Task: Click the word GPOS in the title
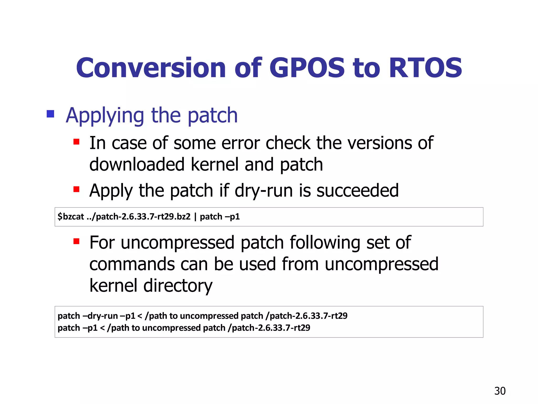point(307,68)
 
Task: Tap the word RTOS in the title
point(425,68)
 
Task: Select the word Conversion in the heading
point(151,68)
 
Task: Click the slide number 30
point(500,391)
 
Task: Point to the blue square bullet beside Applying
point(50,114)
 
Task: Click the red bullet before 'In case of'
point(76,142)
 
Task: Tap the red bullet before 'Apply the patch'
point(76,189)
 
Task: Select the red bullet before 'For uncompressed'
point(76,241)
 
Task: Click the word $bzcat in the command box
point(71,217)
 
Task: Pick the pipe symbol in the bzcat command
point(195,217)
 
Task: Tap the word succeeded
point(358,190)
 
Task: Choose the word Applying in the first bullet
point(105,116)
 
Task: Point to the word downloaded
point(137,165)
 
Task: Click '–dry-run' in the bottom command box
point(100,316)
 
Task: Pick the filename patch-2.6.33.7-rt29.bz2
point(143,217)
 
